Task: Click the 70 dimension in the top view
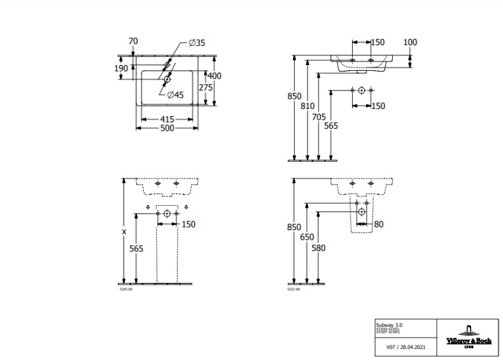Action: (133, 41)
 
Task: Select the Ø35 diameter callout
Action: (197, 43)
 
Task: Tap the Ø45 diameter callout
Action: (175, 95)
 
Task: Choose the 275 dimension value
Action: (204, 88)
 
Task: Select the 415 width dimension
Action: (167, 119)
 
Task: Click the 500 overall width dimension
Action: (167, 129)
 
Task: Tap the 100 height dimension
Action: (410, 42)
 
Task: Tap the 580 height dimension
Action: (320, 249)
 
